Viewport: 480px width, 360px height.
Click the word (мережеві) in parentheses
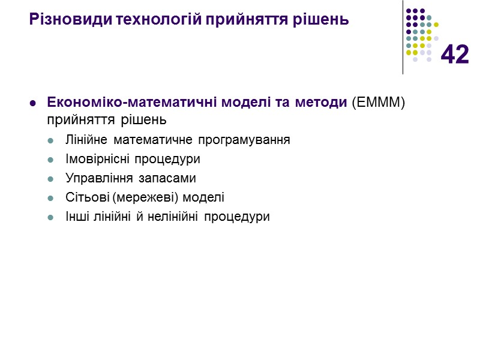[x=145, y=197]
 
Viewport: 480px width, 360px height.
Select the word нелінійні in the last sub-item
[x=175, y=217]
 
